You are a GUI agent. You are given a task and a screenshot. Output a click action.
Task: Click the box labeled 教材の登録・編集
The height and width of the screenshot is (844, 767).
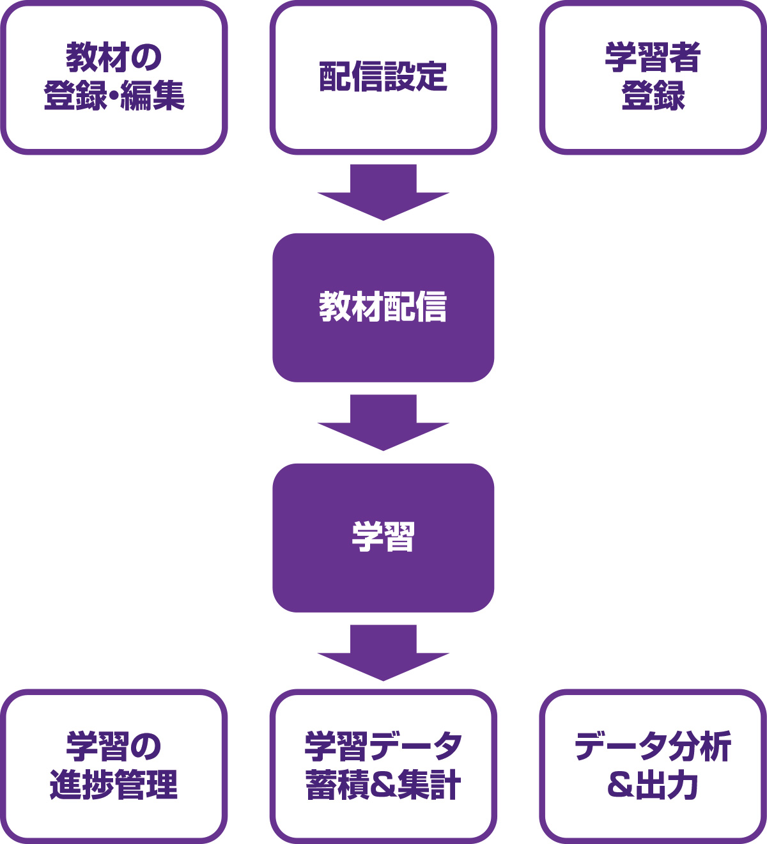114,77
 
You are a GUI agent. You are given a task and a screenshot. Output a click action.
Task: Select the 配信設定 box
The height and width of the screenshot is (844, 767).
383,77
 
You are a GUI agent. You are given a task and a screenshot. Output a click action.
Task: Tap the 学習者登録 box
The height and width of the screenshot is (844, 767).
653,77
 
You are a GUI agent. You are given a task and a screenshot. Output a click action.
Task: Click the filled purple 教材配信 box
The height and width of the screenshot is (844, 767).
383,308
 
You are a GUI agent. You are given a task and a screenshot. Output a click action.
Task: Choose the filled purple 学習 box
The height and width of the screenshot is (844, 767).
383,538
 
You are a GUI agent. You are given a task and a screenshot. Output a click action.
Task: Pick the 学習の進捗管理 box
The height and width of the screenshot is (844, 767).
114,765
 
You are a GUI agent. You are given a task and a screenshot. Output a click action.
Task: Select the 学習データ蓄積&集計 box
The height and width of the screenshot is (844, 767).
383,765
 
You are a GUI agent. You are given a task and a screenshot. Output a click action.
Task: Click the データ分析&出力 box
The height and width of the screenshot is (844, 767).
653,765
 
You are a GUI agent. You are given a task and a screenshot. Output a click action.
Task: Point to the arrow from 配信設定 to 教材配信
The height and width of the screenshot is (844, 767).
383,192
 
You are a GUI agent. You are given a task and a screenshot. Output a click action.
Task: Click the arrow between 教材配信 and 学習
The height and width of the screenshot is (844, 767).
383,423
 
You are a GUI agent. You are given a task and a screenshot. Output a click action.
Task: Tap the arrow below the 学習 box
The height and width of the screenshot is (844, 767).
383,653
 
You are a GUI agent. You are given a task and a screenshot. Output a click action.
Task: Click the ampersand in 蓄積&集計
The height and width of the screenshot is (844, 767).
383,785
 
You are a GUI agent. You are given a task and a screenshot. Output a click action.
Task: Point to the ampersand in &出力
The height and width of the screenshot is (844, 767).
620,785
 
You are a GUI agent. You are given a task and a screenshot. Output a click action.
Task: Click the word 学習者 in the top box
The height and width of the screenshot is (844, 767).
653,58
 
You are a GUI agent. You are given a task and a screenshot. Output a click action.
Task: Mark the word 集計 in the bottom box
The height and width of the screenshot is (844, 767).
429,785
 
